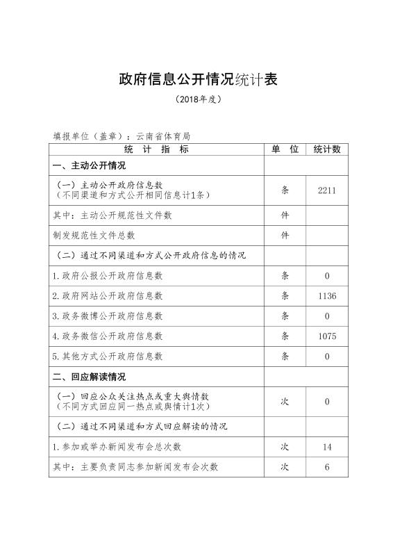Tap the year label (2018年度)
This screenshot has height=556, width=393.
point(199,99)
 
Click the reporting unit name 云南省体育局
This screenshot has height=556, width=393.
point(163,137)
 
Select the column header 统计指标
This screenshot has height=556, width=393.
point(156,149)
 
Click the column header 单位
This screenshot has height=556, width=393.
point(285,149)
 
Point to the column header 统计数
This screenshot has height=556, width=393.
point(326,149)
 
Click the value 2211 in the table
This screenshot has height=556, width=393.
point(326,190)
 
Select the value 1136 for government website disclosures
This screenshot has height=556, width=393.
point(326,296)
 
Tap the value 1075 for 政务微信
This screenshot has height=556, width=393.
point(326,336)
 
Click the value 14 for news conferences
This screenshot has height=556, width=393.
point(326,447)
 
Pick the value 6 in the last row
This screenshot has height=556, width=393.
point(326,467)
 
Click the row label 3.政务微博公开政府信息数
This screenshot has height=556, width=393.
point(108,316)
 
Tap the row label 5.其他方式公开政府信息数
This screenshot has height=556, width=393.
point(108,357)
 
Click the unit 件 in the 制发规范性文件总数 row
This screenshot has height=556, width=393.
point(285,236)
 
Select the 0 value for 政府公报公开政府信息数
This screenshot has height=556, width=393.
point(326,276)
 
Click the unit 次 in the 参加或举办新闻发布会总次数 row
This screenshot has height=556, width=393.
point(285,447)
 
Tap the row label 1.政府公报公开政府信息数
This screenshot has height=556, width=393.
point(108,276)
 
